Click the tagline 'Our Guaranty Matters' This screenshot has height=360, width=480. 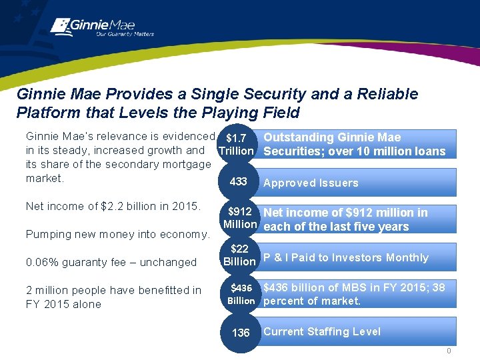[x=125, y=34]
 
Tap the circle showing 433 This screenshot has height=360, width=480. [x=239, y=182]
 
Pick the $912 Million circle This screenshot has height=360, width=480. [x=239, y=218]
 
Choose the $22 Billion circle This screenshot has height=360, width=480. [x=239, y=255]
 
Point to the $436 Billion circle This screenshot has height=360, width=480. [x=241, y=294]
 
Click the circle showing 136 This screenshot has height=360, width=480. [x=240, y=333]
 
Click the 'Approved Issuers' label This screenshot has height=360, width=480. [x=311, y=183]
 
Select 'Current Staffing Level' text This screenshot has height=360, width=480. [x=322, y=331]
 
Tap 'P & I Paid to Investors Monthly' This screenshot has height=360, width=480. [x=346, y=257]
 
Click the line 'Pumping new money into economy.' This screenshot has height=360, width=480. [x=117, y=234]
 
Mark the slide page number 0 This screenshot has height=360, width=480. [x=449, y=351]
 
